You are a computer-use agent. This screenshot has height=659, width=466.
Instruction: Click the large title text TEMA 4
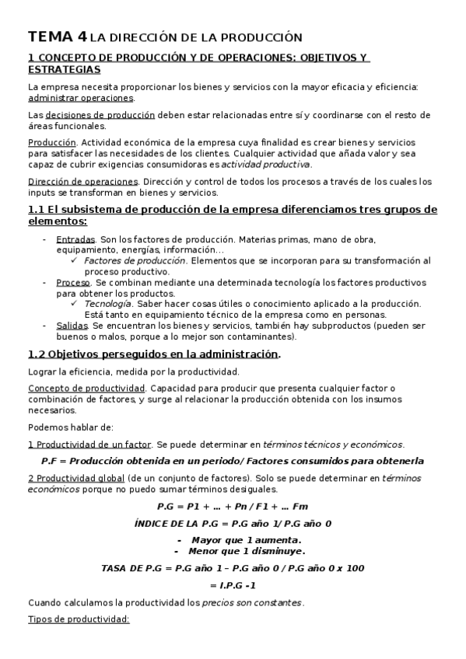pyautogui.click(x=58, y=37)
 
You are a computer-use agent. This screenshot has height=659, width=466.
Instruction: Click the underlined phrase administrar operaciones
pyautogui.click(x=81, y=99)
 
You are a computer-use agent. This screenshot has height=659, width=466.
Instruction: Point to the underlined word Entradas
pyautogui.click(x=76, y=240)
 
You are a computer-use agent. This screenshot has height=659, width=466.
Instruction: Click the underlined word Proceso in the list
pyautogui.click(x=74, y=282)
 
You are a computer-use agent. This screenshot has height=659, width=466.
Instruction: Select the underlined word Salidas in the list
pyautogui.click(x=72, y=325)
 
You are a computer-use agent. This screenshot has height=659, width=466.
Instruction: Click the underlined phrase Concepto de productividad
pyautogui.click(x=86, y=387)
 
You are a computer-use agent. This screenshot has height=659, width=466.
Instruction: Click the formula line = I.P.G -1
pyautogui.click(x=233, y=585)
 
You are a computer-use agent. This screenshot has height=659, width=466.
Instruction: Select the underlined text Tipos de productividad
pyautogui.click(x=78, y=619)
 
